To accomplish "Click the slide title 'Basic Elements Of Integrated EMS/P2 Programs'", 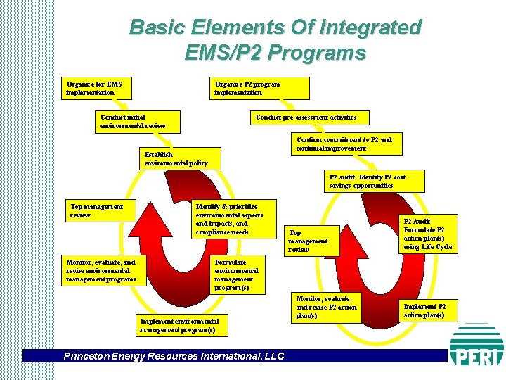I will (275, 39).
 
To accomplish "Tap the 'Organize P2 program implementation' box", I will (261, 88).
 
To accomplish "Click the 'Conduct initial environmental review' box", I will (138, 122).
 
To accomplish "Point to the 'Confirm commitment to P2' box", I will (344, 144).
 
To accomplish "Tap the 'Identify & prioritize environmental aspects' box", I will (233, 218).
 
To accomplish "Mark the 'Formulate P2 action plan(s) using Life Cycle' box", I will (428, 233).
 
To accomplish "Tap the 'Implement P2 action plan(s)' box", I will (428, 310).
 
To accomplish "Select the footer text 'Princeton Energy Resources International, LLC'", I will (174, 356).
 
